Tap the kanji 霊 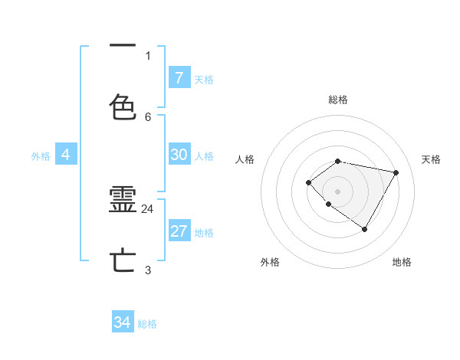tap(123, 201)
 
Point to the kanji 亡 tap(123, 260)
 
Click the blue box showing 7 tap(179, 78)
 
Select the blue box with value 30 tap(179, 155)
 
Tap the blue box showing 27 tap(179, 231)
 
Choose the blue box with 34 tap(123, 322)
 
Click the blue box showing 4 tap(65, 155)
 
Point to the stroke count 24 tap(148, 208)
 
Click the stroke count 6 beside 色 tap(148, 116)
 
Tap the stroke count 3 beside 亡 tap(148, 270)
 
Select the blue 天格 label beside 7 tap(204, 79)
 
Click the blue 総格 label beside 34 tap(147, 324)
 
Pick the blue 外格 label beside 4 tap(41, 155)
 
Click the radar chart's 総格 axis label tap(337, 100)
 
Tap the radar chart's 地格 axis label tap(402, 262)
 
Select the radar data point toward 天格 tap(396, 172)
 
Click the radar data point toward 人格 tap(308, 182)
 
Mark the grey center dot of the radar tap(337, 191)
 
